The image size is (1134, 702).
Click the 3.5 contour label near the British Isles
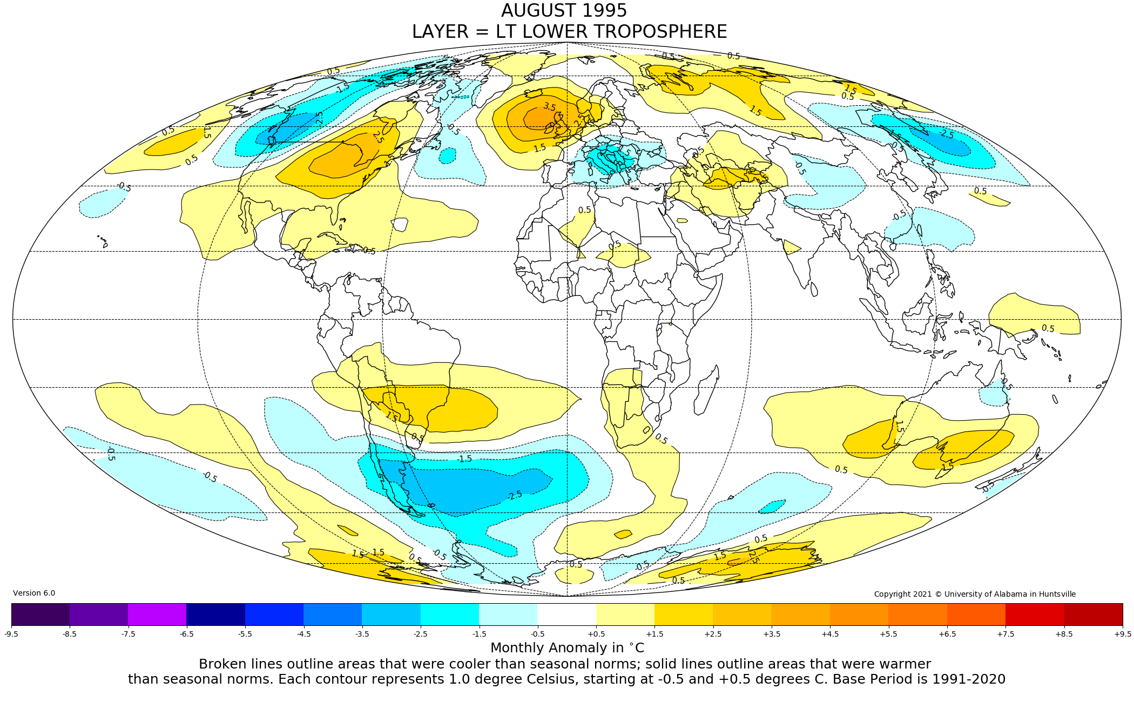pyautogui.click(x=549, y=107)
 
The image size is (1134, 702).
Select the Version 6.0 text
pyautogui.click(x=34, y=593)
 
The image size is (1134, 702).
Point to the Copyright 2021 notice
pyautogui.click(x=975, y=594)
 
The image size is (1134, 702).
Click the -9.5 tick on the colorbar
pyautogui.click(x=11, y=634)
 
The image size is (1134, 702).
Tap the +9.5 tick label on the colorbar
pyautogui.click(x=1122, y=634)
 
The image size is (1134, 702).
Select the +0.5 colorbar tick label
pyautogui.click(x=596, y=634)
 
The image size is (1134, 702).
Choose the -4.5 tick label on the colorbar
pyautogui.click(x=303, y=634)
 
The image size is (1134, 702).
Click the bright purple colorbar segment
pyautogui.click(x=157, y=614)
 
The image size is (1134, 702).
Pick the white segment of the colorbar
pyautogui.click(x=566, y=614)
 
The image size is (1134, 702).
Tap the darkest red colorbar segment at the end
pyautogui.click(x=1093, y=614)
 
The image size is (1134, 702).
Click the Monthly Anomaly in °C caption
pyautogui.click(x=567, y=648)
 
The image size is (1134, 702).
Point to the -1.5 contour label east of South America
pyautogui.click(x=464, y=459)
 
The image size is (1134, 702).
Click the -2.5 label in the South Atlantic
pyautogui.click(x=515, y=495)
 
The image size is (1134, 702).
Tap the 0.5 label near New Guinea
pyautogui.click(x=1048, y=328)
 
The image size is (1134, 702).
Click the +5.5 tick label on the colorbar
pyautogui.click(x=888, y=634)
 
